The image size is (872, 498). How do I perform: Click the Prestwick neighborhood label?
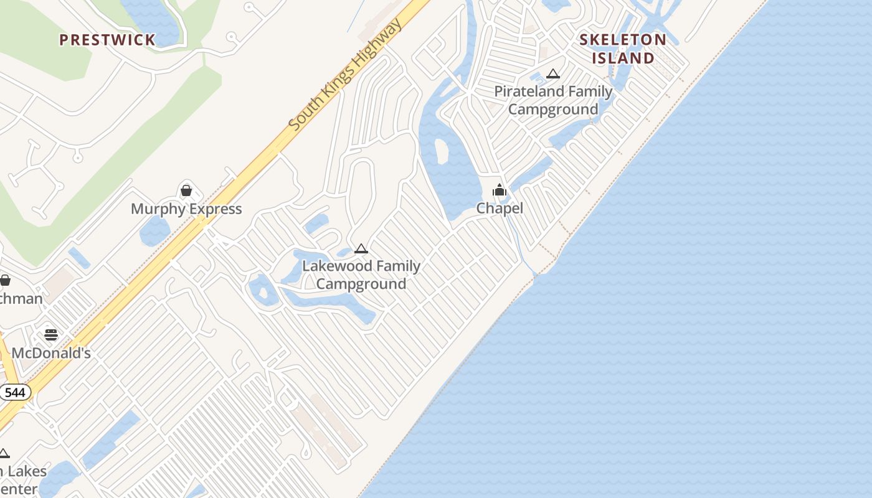107,40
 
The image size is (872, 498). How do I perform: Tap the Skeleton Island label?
623,49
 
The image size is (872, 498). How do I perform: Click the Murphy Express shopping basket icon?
186,190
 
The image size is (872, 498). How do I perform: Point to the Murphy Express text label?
186,209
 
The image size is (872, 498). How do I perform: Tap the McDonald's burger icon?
51,335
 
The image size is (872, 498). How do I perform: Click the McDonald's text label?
51,353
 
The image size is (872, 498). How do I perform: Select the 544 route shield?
15,393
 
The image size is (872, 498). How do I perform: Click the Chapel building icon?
499,190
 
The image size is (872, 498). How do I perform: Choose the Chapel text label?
500,208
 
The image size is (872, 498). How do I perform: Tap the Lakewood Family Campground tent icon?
361,249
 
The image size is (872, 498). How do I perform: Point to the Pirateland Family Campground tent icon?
552,74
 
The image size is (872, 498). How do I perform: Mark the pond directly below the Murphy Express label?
154,232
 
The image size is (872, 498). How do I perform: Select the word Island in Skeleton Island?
623,58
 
